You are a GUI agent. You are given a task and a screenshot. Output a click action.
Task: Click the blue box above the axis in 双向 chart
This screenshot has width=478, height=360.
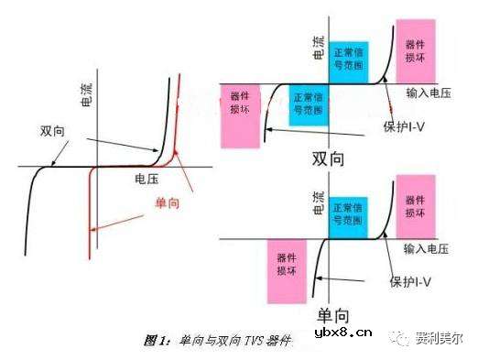(x=350, y=59)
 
